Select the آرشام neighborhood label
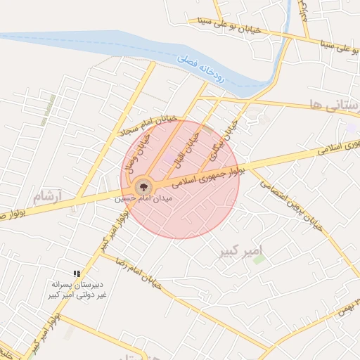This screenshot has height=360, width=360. [48, 193]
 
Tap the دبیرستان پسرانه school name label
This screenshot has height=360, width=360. [77, 289]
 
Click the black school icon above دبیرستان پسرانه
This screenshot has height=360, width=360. [77, 273]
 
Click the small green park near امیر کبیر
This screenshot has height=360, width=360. [259, 259]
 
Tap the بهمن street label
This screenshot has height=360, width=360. [349, 302]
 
